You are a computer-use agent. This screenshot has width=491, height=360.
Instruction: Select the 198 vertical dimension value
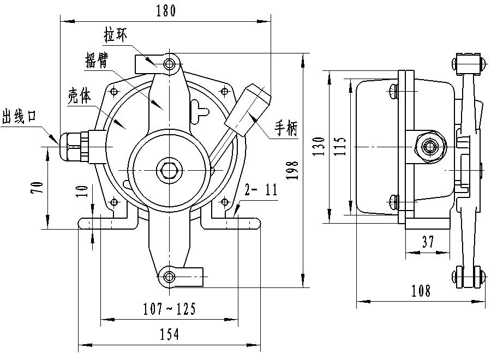click(x=294, y=170)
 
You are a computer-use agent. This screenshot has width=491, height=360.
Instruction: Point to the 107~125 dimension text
click(x=169, y=310)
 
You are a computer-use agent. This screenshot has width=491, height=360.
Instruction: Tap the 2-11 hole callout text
click(x=261, y=190)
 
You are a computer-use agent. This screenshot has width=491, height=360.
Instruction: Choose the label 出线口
click(x=19, y=116)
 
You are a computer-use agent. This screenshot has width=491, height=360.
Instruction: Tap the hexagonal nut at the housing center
click(x=168, y=170)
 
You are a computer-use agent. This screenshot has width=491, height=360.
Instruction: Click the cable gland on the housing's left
click(x=74, y=146)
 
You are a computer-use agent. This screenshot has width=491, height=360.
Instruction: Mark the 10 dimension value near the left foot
click(x=82, y=190)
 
